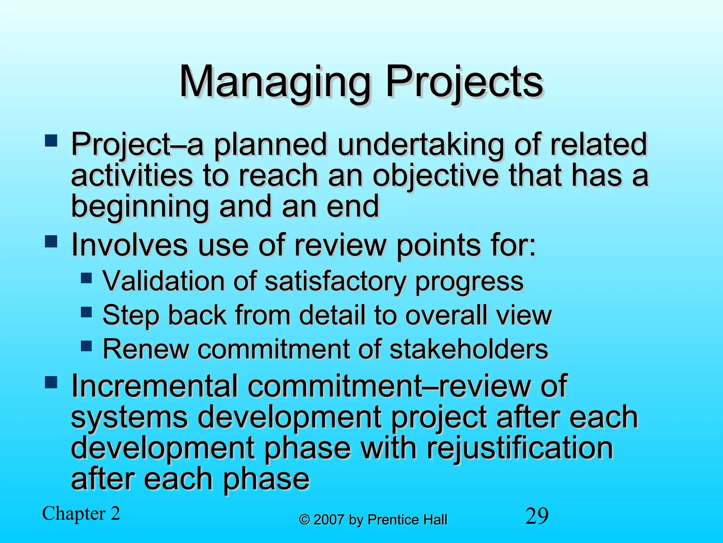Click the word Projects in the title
pyautogui.click(x=464, y=82)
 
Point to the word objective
pyautogui.click(x=436, y=176)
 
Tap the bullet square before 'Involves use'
pyautogui.click(x=51, y=242)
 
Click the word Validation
pyautogui.click(x=163, y=281)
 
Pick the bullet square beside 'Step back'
pyautogui.click(x=86, y=312)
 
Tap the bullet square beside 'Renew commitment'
pyautogui.click(x=86, y=346)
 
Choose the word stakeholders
pyautogui.click(x=469, y=349)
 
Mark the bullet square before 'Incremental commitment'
pyautogui.click(x=51, y=383)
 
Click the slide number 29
pyautogui.click(x=537, y=516)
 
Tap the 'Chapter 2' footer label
pyautogui.click(x=81, y=514)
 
